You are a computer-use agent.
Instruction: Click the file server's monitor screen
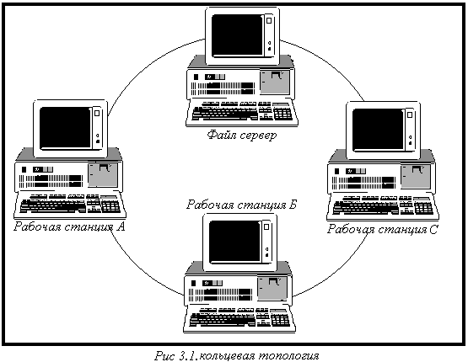[x=237, y=35]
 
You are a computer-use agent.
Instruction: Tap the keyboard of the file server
[x=242, y=113]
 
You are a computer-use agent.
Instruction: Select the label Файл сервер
[x=242, y=136]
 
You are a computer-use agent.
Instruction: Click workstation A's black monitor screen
[x=66, y=127]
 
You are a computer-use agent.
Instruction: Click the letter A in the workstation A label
[x=121, y=226]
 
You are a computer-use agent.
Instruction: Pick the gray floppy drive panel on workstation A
[x=103, y=175]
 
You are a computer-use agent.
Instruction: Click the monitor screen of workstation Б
[x=235, y=242]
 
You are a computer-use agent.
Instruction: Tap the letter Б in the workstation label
[x=293, y=205]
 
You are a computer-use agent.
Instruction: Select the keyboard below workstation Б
[x=239, y=319]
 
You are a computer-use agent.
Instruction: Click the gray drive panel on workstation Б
[x=272, y=289]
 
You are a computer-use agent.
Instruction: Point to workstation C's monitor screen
[x=378, y=130]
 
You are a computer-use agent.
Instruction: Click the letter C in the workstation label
[x=433, y=230]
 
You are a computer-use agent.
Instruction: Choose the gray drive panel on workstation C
[x=416, y=177]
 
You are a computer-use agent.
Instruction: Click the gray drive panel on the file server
[x=275, y=83]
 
